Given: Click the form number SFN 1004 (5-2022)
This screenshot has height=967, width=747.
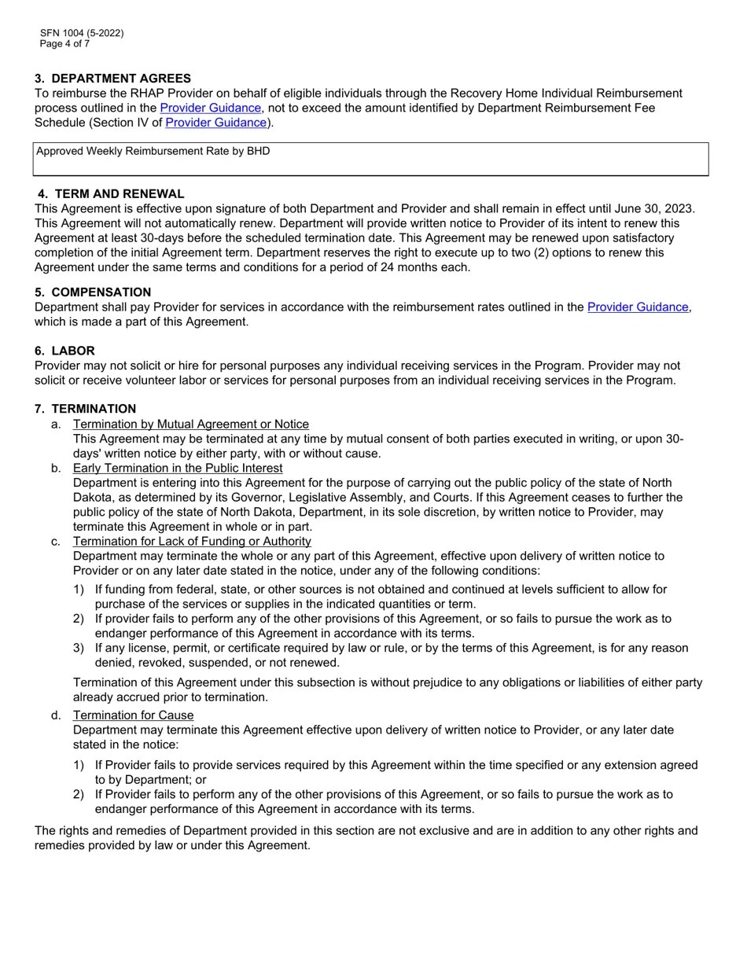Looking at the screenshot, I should click(82, 33).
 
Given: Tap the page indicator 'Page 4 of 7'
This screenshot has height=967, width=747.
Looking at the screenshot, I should click(64, 44).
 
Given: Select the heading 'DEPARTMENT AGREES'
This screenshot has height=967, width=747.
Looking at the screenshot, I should click(121, 79).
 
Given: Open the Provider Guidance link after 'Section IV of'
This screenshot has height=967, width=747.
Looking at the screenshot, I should click(215, 123).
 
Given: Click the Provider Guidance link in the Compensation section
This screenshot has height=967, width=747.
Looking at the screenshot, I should click(638, 307).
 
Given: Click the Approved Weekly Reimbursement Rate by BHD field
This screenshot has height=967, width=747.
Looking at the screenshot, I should click(370, 159).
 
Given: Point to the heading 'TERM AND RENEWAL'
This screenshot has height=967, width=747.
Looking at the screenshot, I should click(120, 194).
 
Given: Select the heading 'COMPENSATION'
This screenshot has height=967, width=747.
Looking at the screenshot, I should click(101, 292).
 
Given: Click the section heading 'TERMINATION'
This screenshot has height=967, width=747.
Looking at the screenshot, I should click(94, 409).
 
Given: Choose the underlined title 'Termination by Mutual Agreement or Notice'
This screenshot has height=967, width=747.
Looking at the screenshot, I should click(190, 425).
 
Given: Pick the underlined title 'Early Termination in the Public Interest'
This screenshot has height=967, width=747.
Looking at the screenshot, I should click(178, 469).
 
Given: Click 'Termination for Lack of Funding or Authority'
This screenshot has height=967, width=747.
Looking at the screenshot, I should click(192, 542).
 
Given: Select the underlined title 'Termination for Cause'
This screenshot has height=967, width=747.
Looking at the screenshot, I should click(133, 715).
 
